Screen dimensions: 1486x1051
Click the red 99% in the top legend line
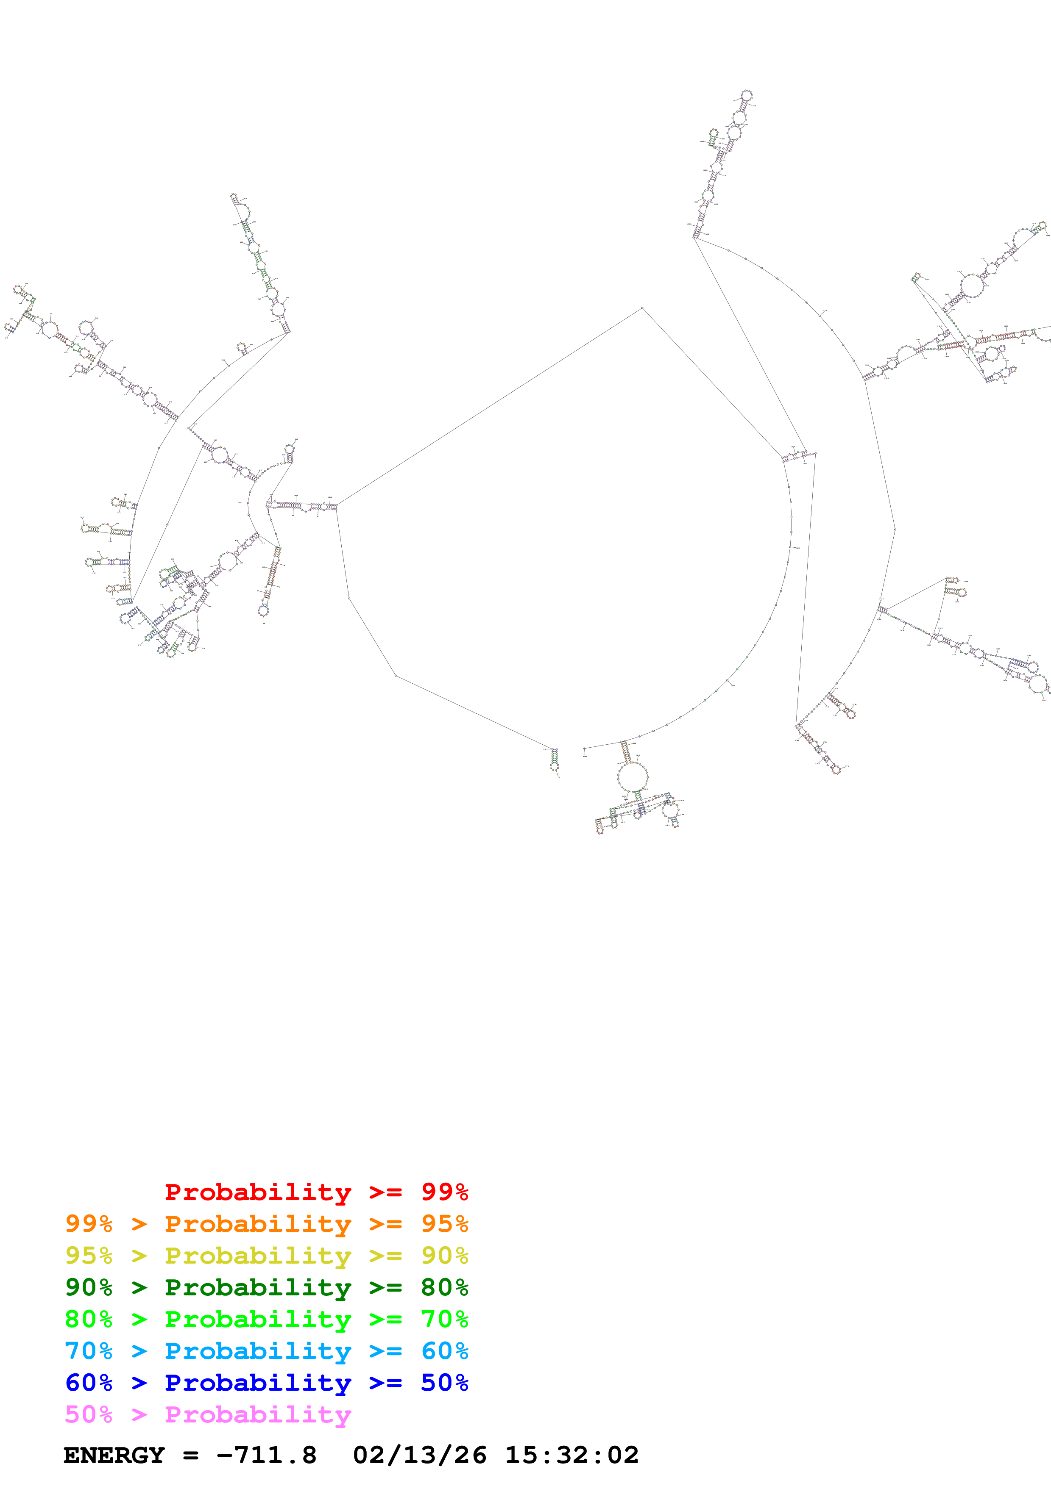click(x=444, y=1192)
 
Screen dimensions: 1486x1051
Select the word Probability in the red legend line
click(x=258, y=1192)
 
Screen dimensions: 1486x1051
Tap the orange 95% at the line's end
click(x=444, y=1224)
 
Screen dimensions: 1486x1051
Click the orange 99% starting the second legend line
click(x=89, y=1224)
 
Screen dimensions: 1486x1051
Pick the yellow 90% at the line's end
click(x=444, y=1256)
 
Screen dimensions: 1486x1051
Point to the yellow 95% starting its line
click(x=89, y=1256)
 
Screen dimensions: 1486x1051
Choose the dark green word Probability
click(x=258, y=1287)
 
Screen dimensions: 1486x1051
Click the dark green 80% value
click(x=444, y=1287)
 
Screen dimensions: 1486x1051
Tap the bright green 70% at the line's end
click(x=444, y=1319)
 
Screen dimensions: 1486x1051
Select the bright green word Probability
click(x=258, y=1319)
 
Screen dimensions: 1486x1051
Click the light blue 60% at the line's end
click(x=444, y=1351)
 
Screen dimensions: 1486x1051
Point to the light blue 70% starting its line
click(x=89, y=1351)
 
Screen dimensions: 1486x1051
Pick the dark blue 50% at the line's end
click(x=444, y=1383)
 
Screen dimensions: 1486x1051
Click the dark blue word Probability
click(x=258, y=1383)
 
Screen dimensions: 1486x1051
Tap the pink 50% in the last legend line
click(x=89, y=1414)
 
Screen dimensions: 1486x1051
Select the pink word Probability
click(x=258, y=1414)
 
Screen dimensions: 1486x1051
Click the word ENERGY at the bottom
click(x=114, y=1456)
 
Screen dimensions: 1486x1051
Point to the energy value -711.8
click(x=266, y=1456)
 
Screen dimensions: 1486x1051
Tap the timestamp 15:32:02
click(x=572, y=1456)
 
